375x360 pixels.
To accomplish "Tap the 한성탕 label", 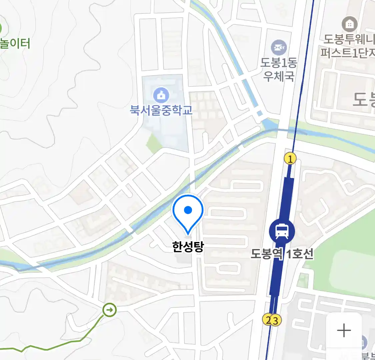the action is (188, 247).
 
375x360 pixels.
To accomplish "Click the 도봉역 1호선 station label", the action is (282, 254).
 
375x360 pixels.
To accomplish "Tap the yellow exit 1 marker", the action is (290, 159).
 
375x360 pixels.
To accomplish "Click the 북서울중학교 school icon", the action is (161, 95).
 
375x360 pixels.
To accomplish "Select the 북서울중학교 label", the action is (161, 110).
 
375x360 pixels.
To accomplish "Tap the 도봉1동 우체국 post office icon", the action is (279, 48).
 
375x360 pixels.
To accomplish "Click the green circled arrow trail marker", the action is (109, 310).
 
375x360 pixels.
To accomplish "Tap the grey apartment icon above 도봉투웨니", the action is (349, 24).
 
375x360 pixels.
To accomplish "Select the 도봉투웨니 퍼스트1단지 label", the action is (348, 46).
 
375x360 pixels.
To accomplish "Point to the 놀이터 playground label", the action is (15, 44).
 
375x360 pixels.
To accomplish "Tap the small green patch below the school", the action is (154, 143).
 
